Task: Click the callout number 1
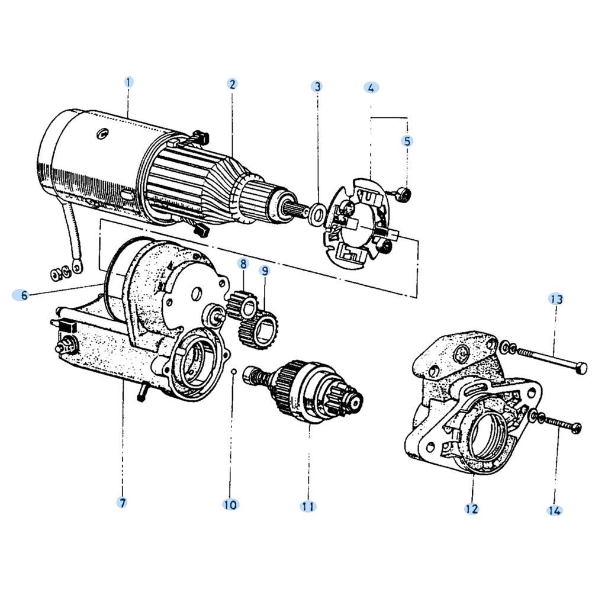(x=128, y=82)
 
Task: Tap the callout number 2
(x=232, y=84)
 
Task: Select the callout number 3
(x=317, y=86)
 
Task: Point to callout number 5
(x=407, y=141)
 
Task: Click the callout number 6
(x=24, y=295)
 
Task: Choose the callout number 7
(x=122, y=503)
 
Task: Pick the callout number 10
(x=230, y=505)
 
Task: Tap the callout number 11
(x=308, y=506)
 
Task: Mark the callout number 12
(x=472, y=509)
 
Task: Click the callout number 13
(x=556, y=300)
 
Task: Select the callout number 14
(x=555, y=511)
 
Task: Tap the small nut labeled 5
(x=405, y=194)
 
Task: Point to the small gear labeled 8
(x=243, y=304)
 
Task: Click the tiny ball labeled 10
(x=234, y=371)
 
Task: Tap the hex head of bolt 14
(x=576, y=429)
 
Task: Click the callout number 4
(x=371, y=88)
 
